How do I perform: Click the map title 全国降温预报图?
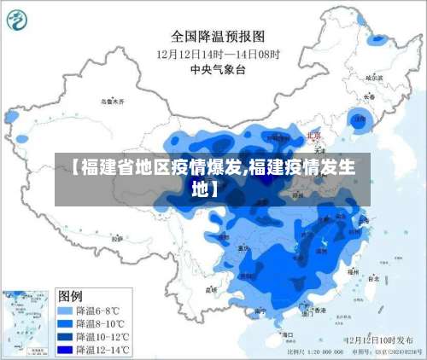(x=219, y=37)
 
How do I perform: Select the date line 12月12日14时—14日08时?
(x=219, y=53)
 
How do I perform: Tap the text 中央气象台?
(x=219, y=68)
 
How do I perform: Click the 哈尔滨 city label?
(x=372, y=78)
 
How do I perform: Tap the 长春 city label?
(x=369, y=96)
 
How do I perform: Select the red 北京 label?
(x=314, y=136)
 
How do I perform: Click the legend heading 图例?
(x=70, y=296)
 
